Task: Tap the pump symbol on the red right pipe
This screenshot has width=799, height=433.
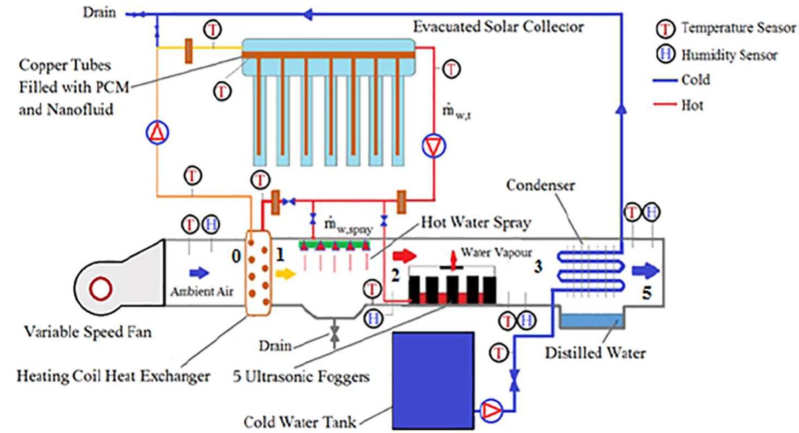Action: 434,145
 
